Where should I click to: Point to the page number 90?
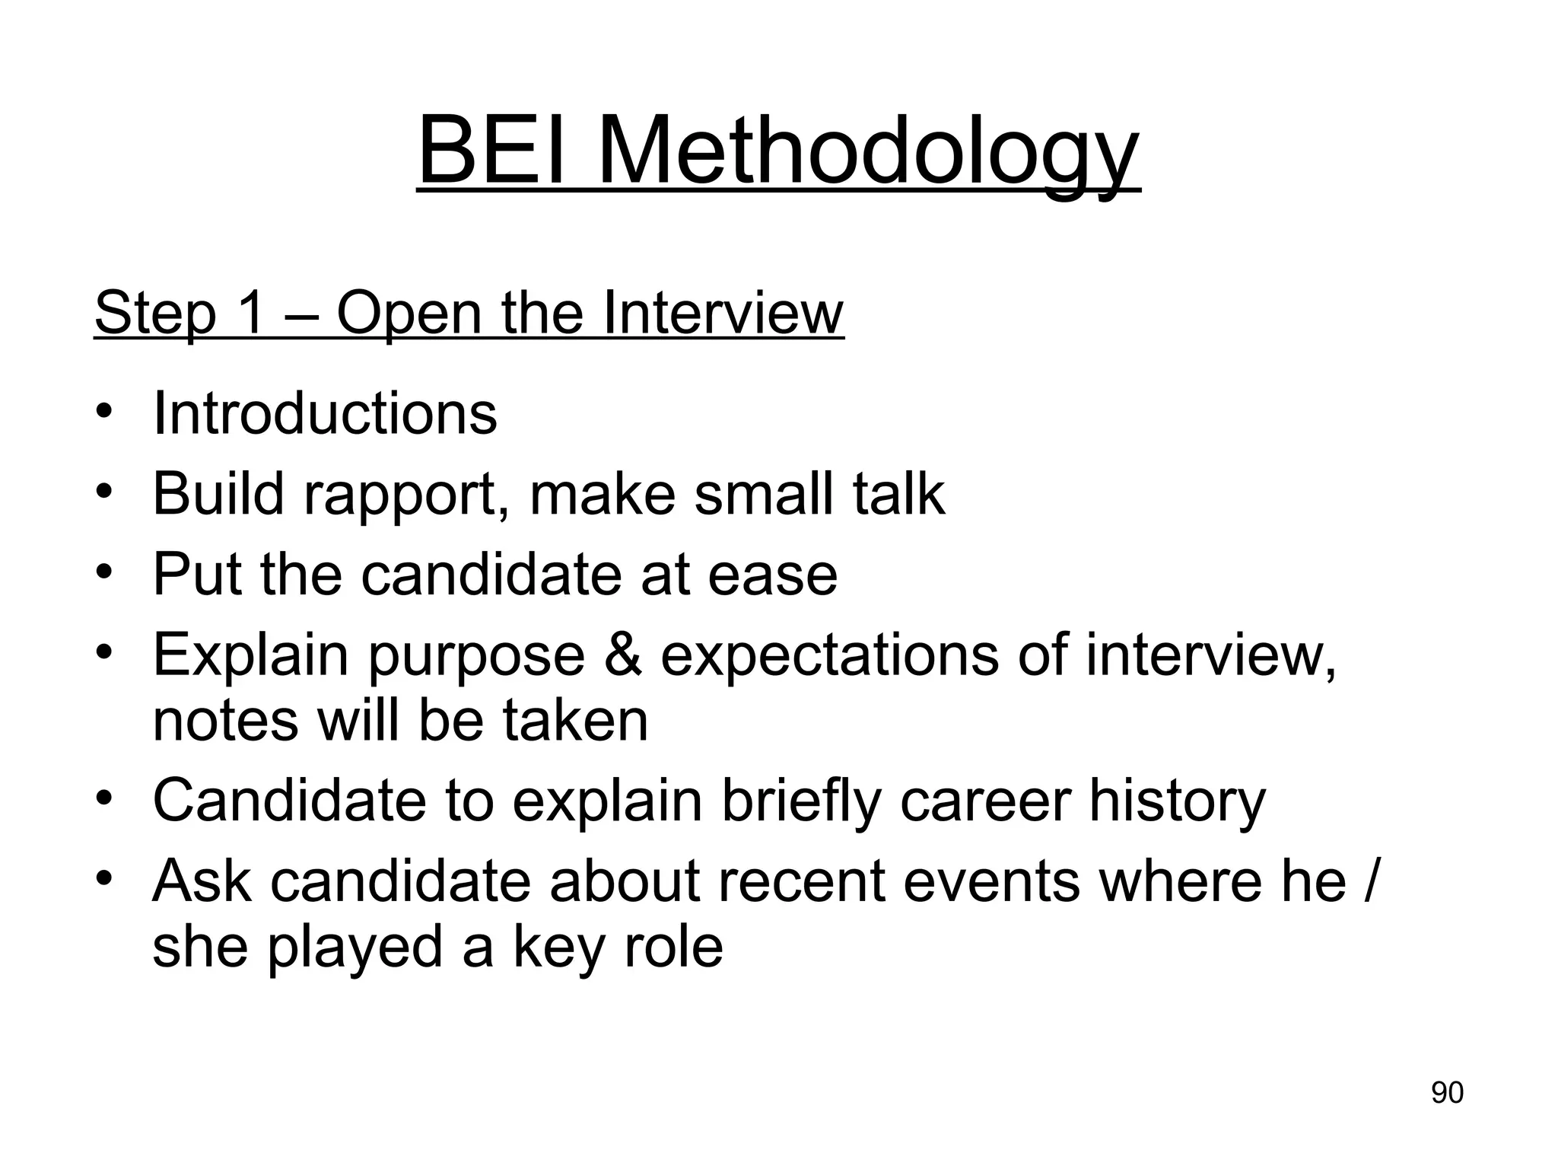point(1447,1092)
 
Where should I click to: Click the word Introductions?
point(325,413)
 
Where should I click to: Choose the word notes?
point(225,721)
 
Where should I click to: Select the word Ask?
point(202,881)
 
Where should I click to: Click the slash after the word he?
point(1370,881)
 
